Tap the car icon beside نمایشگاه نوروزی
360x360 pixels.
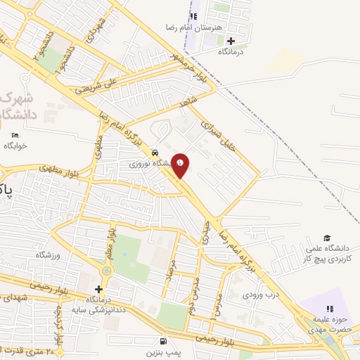point(155,152)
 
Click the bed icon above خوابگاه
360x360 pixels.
point(15,135)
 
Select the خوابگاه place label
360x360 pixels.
point(15,146)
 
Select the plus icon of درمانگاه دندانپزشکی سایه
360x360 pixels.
point(98,289)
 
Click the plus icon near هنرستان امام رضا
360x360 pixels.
point(231,41)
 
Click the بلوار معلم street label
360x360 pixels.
point(110,238)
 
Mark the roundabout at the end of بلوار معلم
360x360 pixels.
point(107,270)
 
